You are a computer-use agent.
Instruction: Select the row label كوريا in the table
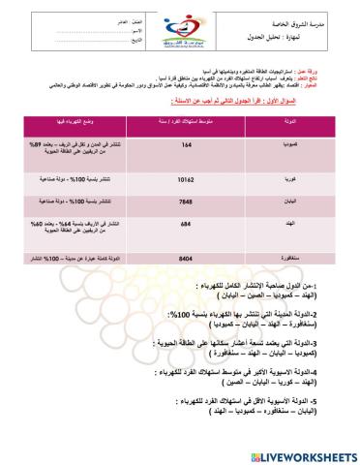click(x=301, y=179)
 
